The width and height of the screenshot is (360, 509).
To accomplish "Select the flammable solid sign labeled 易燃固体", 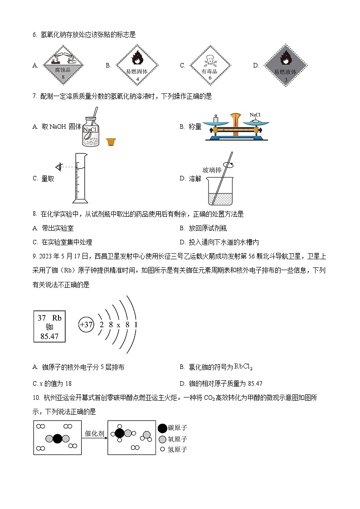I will point(137,66).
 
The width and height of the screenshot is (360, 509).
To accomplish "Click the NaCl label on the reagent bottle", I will point(90,130).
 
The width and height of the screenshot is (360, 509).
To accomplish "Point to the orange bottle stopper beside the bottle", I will point(110,142).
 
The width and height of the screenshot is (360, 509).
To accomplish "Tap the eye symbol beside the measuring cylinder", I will point(58,166).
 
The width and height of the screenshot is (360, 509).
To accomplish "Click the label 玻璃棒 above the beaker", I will point(212,170).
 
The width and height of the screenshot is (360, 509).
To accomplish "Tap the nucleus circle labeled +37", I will point(86,325).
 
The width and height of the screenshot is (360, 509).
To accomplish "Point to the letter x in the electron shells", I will point(118,325).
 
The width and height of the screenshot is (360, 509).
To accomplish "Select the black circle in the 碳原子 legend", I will point(162,428).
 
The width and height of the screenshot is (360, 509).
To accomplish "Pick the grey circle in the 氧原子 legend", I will point(162,439).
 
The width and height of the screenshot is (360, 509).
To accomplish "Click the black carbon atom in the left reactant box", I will point(57,439).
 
